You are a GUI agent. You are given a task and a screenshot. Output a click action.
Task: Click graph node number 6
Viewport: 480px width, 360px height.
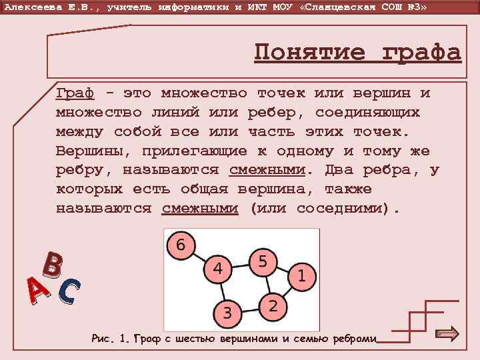[x=181, y=245]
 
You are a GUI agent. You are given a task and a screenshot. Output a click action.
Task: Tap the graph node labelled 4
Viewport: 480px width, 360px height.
[x=217, y=270]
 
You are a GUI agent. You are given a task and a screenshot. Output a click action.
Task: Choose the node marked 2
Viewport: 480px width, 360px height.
[x=272, y=306]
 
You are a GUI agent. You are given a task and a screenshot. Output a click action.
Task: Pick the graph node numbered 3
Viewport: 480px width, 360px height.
[x=228, y=313]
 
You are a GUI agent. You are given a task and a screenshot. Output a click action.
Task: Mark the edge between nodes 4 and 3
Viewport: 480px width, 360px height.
[x=223, y=291]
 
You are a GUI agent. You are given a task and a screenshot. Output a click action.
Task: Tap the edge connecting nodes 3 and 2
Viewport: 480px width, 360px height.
[x=250, y=309]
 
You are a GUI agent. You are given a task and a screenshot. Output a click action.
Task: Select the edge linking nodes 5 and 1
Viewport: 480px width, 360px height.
[x=283, y=269]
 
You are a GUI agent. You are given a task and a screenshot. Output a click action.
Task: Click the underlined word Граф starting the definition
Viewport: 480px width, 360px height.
[x=74, y=93]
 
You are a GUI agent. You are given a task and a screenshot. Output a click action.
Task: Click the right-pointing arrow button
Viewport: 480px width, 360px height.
[x=446, y=334]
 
